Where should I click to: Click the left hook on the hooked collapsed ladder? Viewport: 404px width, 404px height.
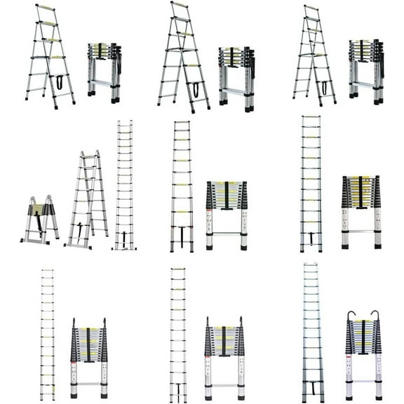(x=349, y=316)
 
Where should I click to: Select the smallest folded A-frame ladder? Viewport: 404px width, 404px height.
(x=41, y=220)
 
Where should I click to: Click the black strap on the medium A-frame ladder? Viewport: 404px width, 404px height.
(x=79, y=229)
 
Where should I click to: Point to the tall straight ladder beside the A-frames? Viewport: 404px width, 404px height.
(x=124, y=186)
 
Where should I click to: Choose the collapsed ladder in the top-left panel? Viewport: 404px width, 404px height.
(x=105, y=72)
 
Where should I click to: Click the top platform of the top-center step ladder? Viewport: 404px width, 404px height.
(x=180, y=5)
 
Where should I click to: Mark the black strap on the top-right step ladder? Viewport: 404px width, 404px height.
(x=324, y=87)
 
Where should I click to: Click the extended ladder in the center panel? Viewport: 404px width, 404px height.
(x=182, y=186)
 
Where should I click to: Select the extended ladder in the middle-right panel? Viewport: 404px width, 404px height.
(x=311, y=184)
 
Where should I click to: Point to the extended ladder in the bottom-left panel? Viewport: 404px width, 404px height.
(x=47, y=334)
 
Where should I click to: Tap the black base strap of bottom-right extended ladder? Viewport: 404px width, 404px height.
(x=311, y=387)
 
